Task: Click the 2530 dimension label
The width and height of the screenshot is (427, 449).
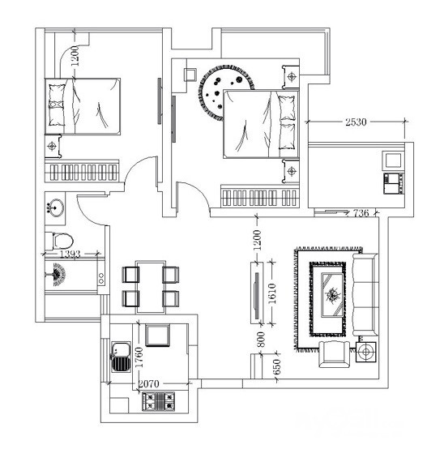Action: click(356, 122)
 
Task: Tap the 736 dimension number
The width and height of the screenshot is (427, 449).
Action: click(361, 213)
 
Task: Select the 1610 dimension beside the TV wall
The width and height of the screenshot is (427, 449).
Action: click(272, 293)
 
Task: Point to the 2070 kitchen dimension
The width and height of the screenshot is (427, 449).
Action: click(148, 383)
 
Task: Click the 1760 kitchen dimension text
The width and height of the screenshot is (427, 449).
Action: click(139, 357)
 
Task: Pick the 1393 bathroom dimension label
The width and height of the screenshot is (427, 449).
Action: click(70, 254)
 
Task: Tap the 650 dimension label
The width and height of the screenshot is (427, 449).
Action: click(277, 367)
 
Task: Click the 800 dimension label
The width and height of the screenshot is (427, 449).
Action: click(261, 340)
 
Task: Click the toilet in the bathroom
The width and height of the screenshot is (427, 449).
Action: click(59, 241)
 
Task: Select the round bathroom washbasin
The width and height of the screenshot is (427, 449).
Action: click(56, 207)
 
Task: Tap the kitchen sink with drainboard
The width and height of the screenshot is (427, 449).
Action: click(121, 357)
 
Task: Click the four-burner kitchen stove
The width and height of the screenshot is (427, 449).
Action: click(158, 401)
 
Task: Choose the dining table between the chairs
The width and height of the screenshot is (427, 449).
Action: click(151, 287)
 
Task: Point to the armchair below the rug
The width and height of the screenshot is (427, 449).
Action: click(335, 354)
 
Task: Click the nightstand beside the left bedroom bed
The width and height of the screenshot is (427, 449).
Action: click(53, 146)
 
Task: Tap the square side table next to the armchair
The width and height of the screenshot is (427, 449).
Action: click(366, 352)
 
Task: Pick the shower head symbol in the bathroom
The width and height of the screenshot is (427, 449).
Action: click(58, 274)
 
